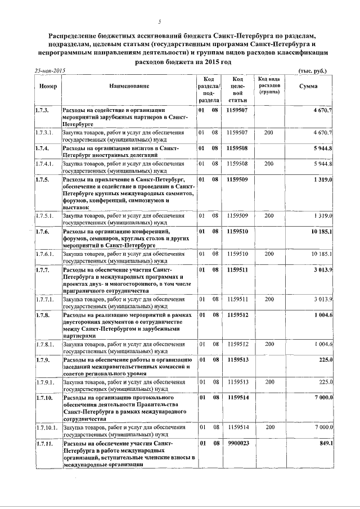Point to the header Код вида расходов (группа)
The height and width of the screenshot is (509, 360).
tap(269, 85)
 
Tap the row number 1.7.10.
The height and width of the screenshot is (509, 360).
tap(44, 398)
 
